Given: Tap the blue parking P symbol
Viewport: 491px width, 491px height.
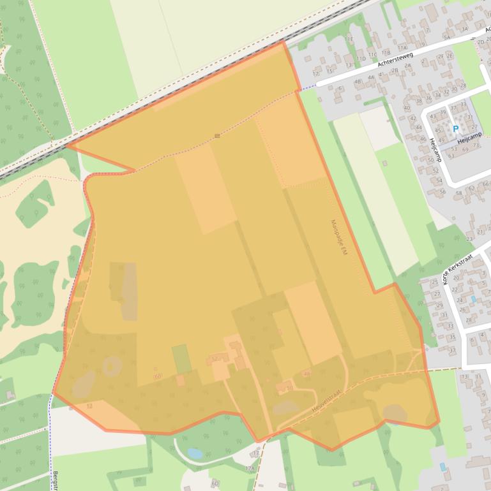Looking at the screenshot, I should (455, 129).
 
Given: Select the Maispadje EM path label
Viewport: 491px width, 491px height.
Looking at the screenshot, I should (338, 238).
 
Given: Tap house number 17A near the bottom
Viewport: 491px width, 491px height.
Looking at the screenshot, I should (249, 468).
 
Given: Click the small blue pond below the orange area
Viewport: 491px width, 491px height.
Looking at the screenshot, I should (195, 453).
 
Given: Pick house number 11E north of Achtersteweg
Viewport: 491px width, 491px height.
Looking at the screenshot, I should (349, 39).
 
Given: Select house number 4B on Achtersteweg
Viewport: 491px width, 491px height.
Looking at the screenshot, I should (358, 82).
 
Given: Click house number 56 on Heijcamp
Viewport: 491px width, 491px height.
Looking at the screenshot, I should (442, 191).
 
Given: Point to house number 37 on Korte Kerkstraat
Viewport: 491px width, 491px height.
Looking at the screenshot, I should (453, 350).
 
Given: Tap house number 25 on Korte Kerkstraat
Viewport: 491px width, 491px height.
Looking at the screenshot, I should (435, 282).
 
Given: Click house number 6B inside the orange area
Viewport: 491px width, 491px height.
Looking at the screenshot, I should (157, 376).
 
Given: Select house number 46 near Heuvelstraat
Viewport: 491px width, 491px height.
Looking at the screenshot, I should (307, 374).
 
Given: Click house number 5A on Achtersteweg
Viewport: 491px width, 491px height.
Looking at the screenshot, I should (447, 38).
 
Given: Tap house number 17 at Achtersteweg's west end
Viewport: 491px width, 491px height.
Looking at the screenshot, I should (315, 74).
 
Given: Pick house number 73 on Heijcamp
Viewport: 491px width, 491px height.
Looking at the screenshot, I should (476, 145).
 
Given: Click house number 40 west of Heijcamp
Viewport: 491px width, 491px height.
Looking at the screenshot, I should (406, 108).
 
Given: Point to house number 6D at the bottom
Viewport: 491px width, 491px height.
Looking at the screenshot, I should (215, 483).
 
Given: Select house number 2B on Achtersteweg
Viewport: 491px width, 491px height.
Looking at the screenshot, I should (395, 70).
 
